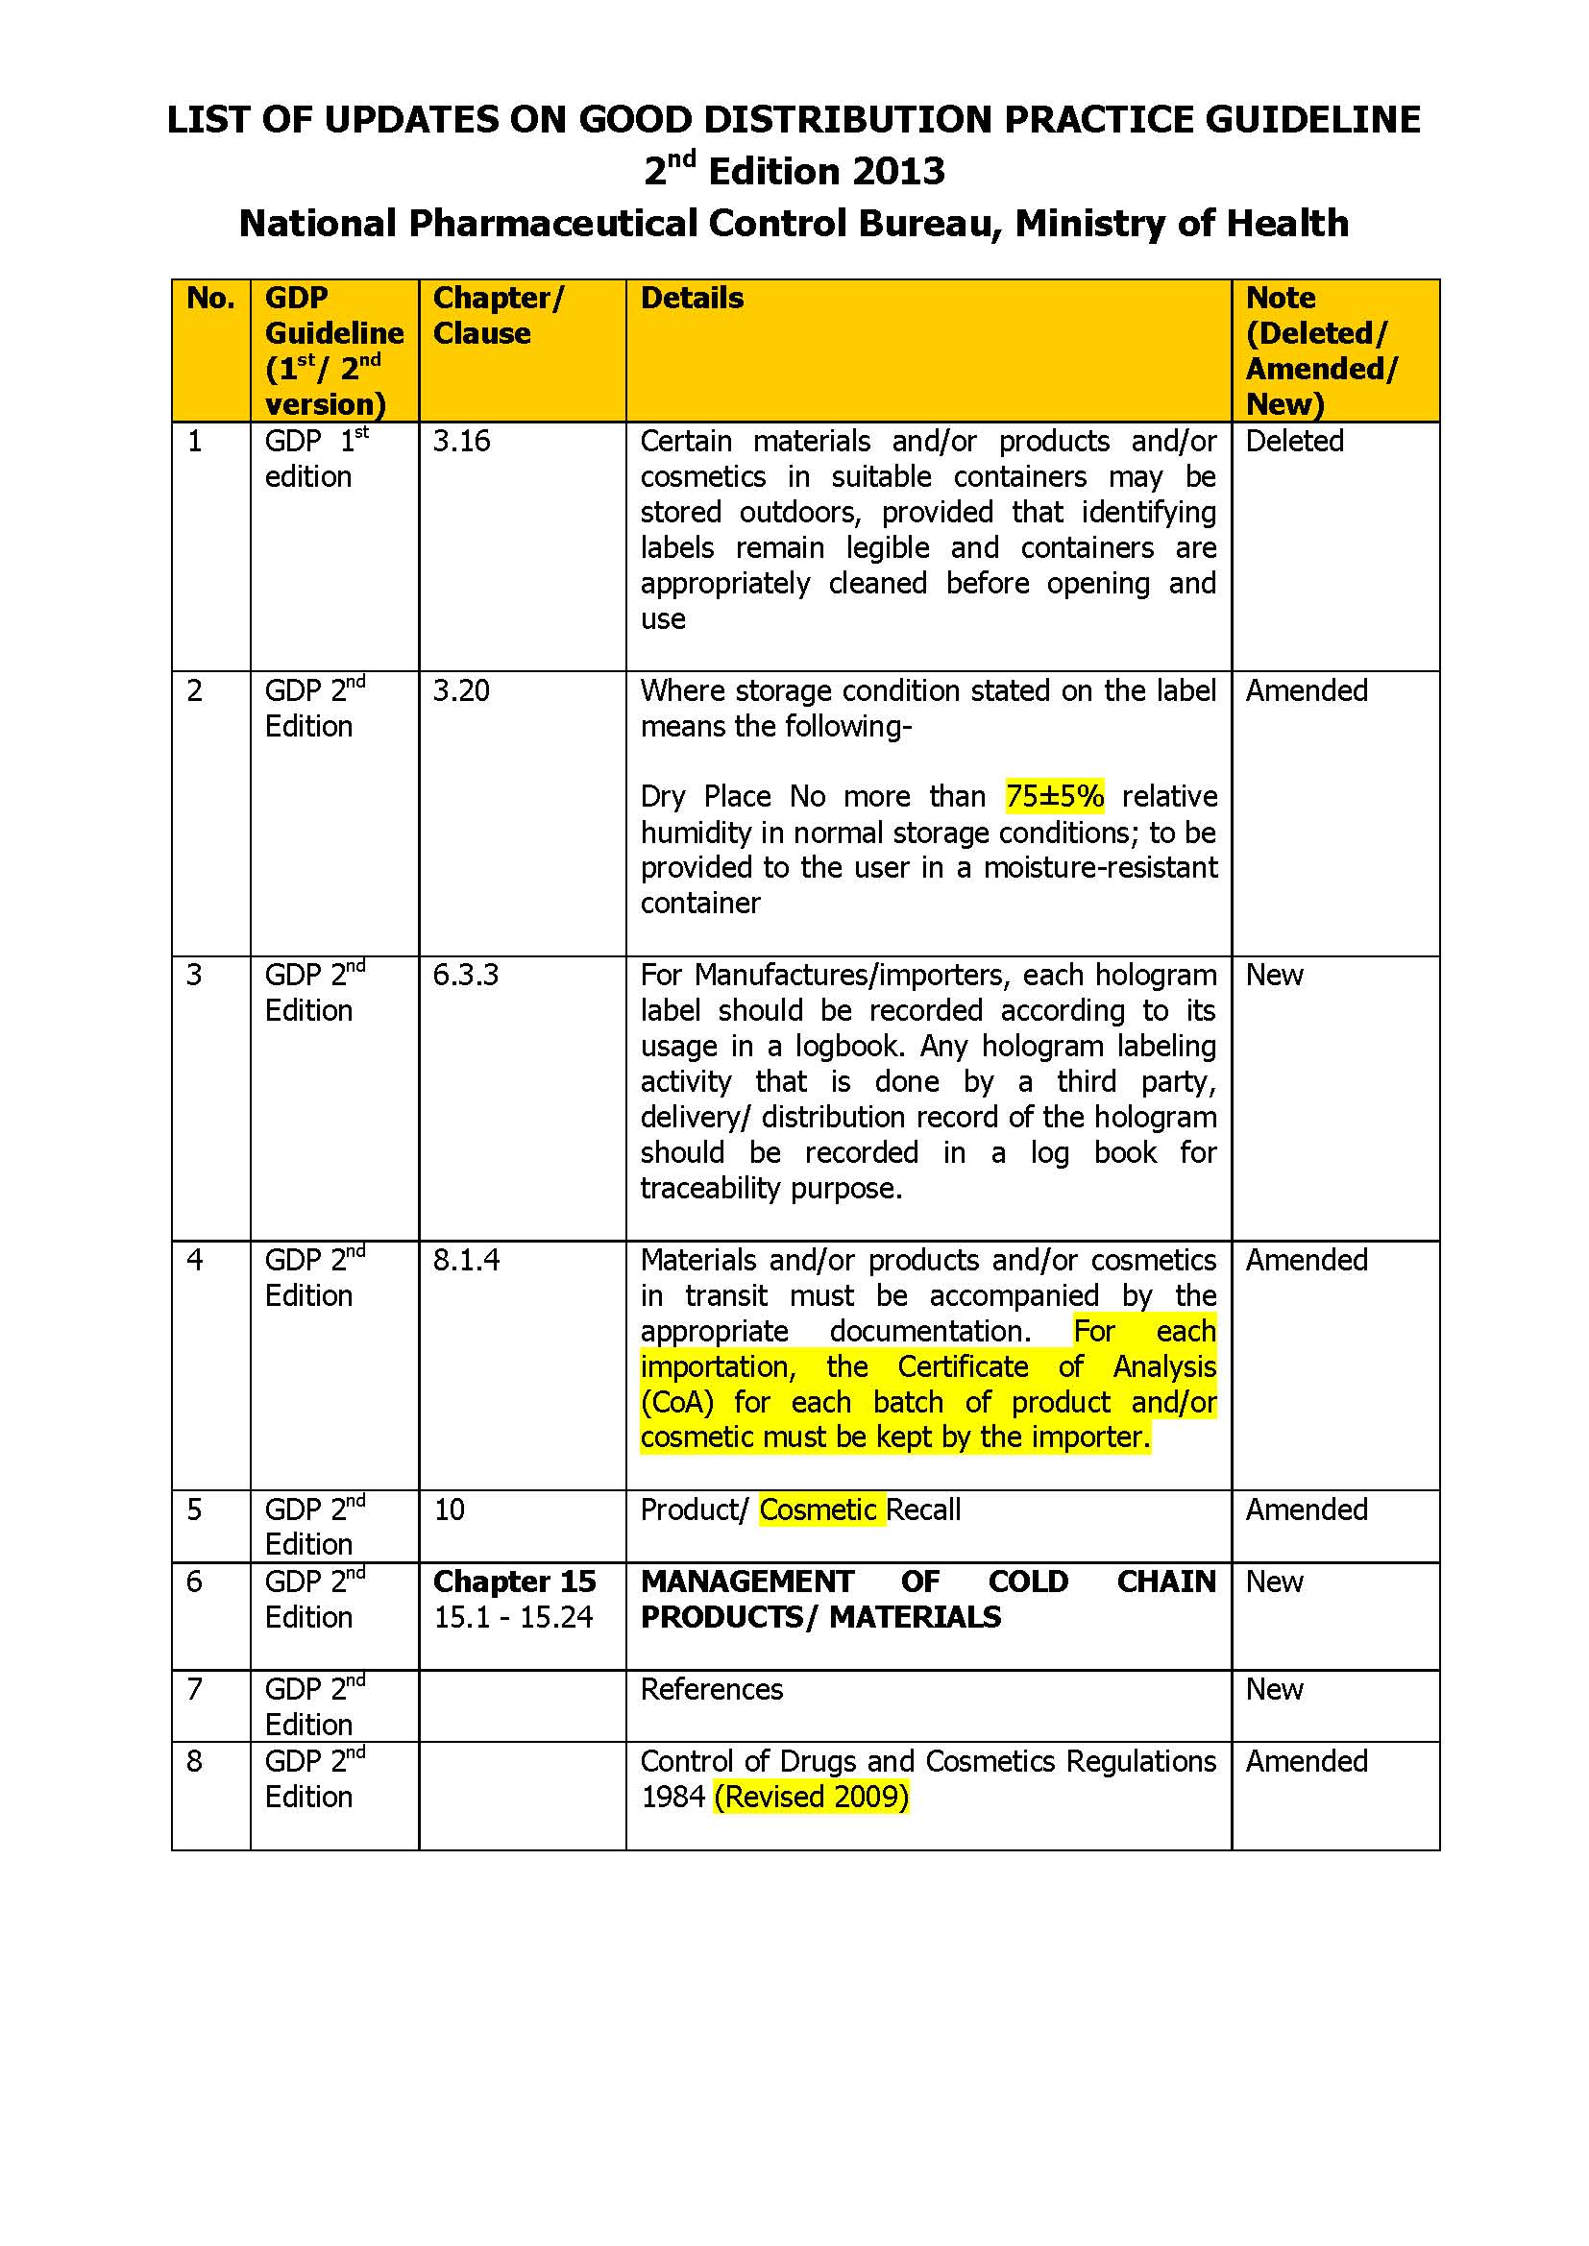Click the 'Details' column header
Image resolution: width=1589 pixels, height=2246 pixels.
(692, 298)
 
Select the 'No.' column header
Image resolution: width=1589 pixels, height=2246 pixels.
(210, 298)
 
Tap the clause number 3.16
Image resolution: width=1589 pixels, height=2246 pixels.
(461, 441)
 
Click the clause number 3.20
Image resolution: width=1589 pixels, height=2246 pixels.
(461, 690)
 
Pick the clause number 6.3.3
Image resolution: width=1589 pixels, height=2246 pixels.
(466, 976)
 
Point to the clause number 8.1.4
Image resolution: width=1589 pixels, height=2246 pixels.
(466, 1260)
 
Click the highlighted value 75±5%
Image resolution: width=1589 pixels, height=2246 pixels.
(1055, 796)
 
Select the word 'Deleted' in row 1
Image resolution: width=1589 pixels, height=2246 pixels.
(1293, 441)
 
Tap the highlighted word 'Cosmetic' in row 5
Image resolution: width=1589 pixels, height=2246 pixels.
(818, 1509)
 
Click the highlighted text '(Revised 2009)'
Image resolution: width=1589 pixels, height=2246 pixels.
(811, 1796)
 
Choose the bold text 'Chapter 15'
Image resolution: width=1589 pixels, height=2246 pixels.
(514, 1582)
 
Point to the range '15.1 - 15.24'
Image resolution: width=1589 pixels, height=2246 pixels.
(513, 1617)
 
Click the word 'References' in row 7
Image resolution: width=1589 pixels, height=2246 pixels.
(711, 1689)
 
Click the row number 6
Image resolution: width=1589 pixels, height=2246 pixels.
(194, 1582)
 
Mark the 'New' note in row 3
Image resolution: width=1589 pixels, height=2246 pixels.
(1274, 976)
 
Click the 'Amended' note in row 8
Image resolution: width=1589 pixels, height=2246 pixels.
(1307, 1761)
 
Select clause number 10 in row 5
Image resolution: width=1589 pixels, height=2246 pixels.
(449, 1509)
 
